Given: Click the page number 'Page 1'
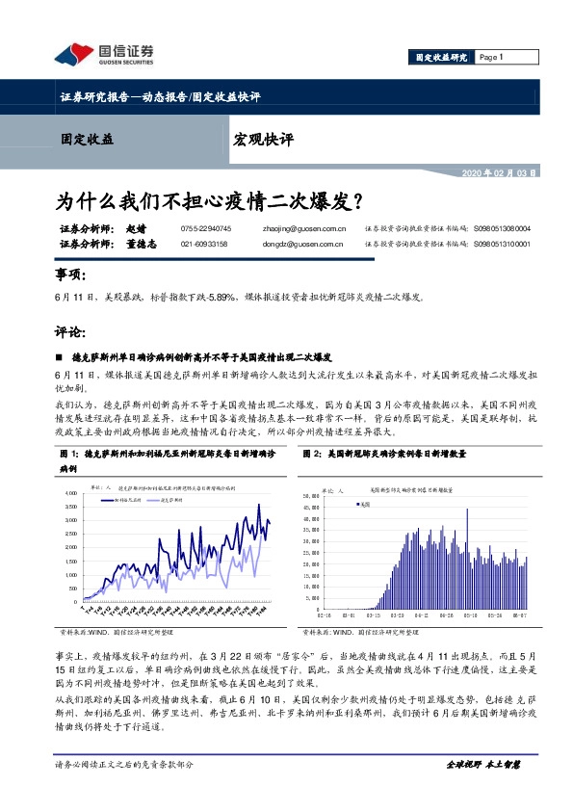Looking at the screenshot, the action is (491, 57).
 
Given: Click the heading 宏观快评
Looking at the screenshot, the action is (263, 139).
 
